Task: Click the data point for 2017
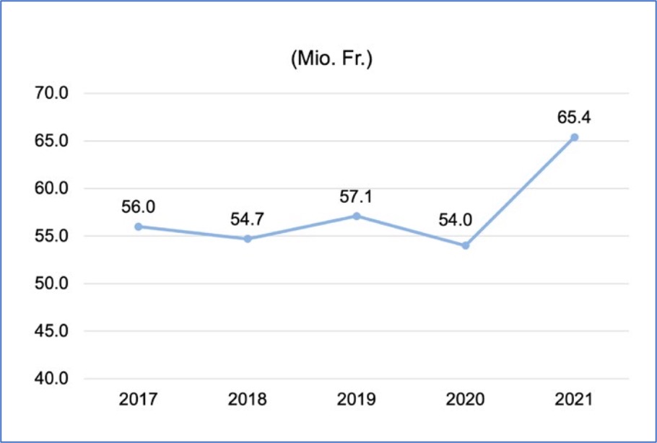click(138, 227)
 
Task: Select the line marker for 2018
click(248, 239)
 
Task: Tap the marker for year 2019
click(357, 216)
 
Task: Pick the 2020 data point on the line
click(466, 245)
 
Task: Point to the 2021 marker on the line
click(575, 137)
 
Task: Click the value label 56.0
click(139, 207)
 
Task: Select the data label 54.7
click(248, 219)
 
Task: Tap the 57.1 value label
click(357, 196)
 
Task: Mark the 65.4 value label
click(575, 117)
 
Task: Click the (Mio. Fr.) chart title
click(331, 60)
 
